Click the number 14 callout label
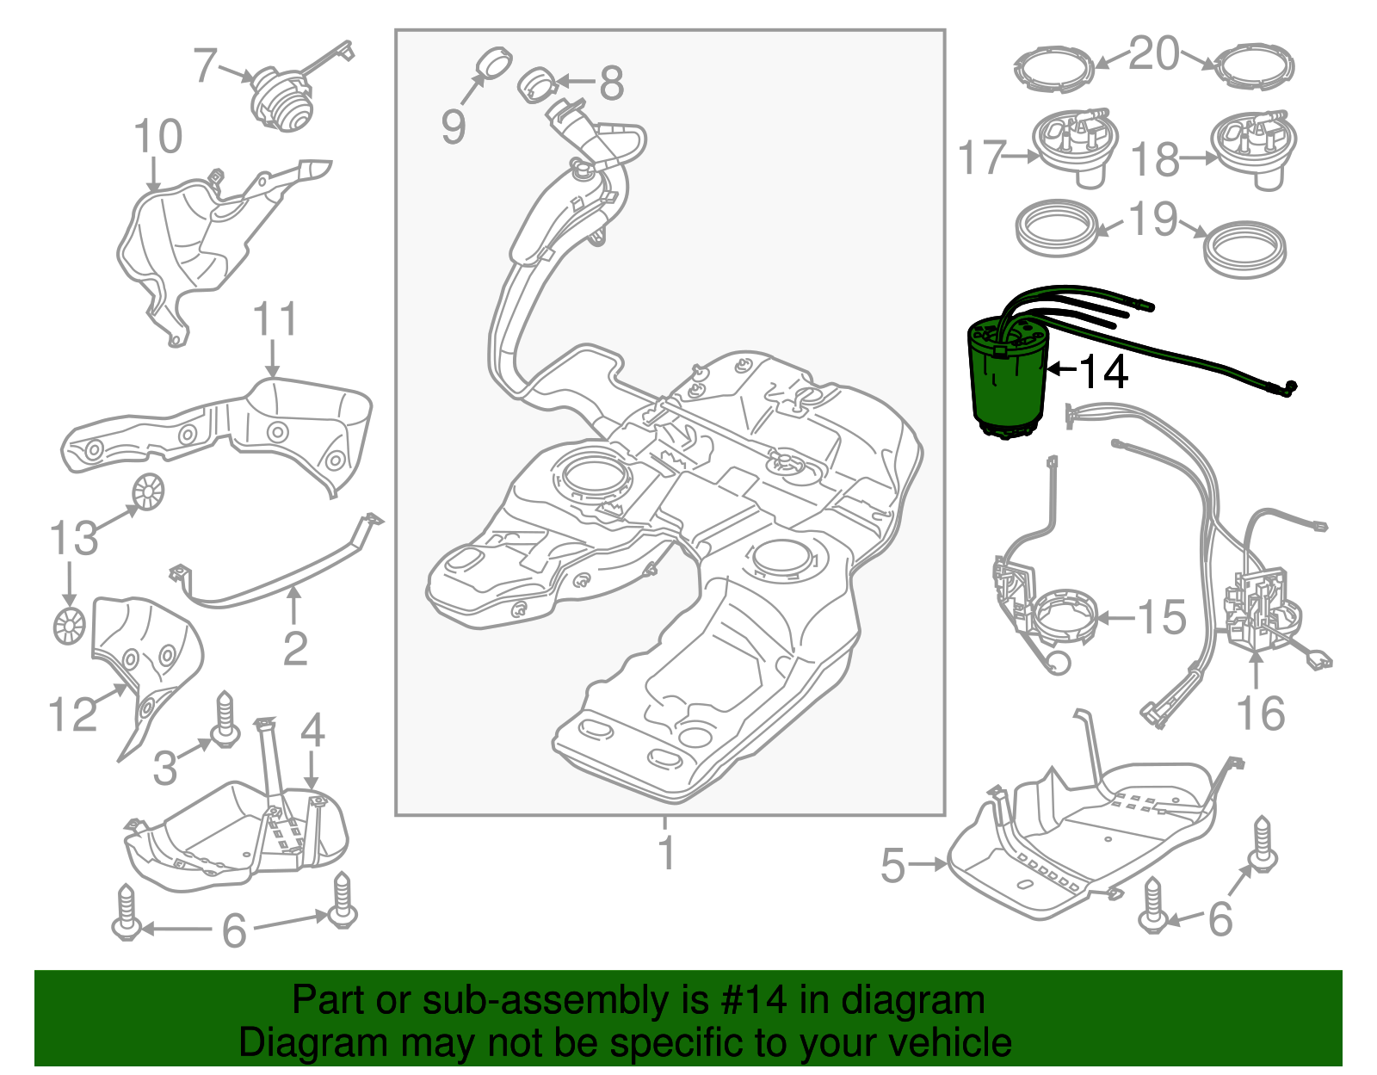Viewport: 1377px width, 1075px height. (1102, 372)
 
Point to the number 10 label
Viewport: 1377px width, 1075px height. (158, 136)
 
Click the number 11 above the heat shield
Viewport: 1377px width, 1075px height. (275, 319)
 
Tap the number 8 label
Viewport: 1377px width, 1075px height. (611, 83)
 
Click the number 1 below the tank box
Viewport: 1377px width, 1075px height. (666, 852)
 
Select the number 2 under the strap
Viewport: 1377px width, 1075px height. (295, 648)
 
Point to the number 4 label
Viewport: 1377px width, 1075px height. (312, 730)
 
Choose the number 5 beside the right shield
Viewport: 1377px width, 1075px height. (893, 865)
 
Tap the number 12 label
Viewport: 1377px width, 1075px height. (72, 714)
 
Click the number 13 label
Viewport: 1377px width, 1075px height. (73, 539)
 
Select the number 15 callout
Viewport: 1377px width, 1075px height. (1161, 617)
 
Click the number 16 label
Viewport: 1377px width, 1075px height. (1260, 714)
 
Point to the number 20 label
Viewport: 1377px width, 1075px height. (1154, 53)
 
